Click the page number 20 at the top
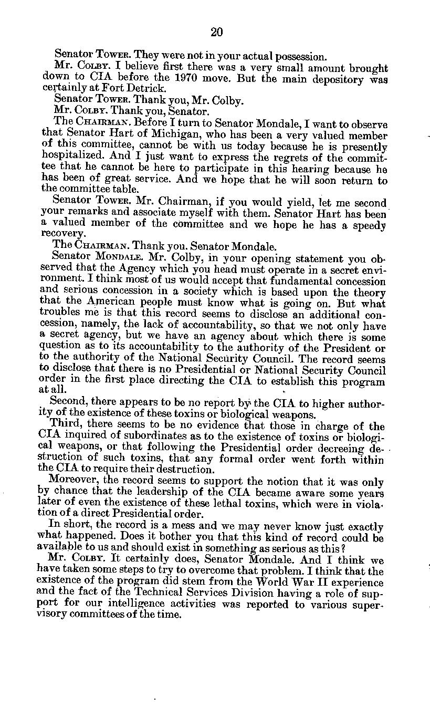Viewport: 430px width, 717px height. [216, 33]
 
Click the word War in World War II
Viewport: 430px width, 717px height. [322, 582]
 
